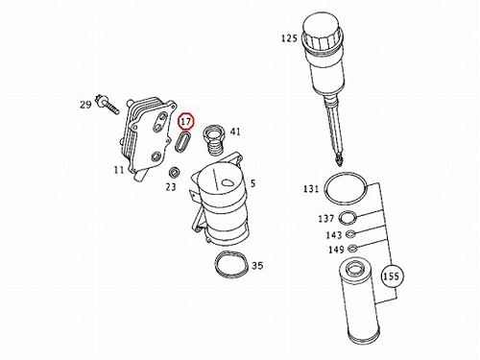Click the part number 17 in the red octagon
click(x=186, y=122)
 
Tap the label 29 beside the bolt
click(x=85, y=105)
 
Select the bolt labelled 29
click(x=108, y=104)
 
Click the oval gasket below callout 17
click(x=182, y=141)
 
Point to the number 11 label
click(x=119, y=170)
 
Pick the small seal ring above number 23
click(x=174, y=173)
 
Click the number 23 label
click(x=171, y=186)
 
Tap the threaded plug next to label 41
click(x=214, y=139)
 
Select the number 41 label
click(x=235, y=132)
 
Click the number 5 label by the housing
click(x=253, y=183)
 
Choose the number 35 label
click(x=257, y=266)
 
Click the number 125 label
click(x=289, y=38)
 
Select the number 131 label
click(x=311, y=189)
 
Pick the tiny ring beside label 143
click(x=351, y=233)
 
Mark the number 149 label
click(x=336, y=250)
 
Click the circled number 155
click(x=393, y=276)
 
